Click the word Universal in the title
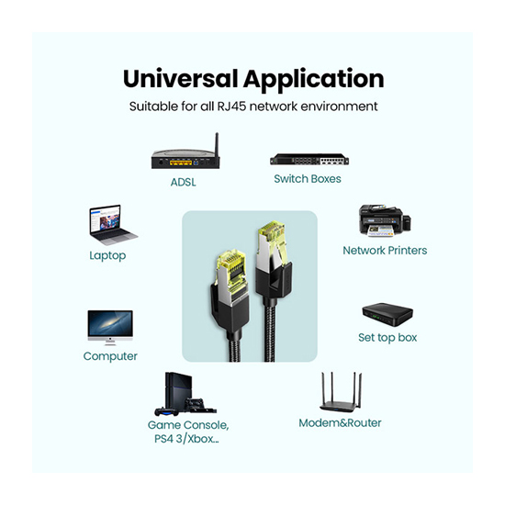point(180,79)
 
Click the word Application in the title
point(314,80)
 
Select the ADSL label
point(184,183)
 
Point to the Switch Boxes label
point(308,179)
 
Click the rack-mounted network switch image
point(309,160)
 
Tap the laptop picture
point(113,225)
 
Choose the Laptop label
point(107,256)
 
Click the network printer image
point(385,221)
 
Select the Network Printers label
point(385,251)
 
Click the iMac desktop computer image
point(110,328)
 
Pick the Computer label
point(110,356)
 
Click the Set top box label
point(387,338)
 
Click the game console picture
point(185,394)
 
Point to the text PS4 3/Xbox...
point(186,439)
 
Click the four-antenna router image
point(341,392)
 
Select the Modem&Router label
point(340,423)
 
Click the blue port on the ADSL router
point(196,163)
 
